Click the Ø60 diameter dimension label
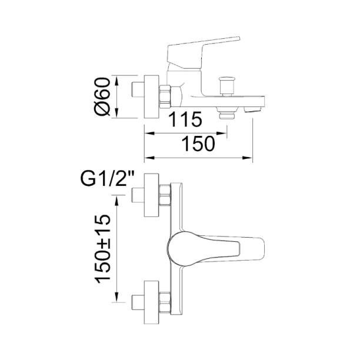coord(102,96)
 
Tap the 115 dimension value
coord(185,119)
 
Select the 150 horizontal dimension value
coord(198,144)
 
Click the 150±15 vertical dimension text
coord(102,249)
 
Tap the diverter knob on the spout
coord(227,86)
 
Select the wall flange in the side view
coord(151,96)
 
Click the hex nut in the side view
coord(165,96)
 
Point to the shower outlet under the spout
coord(226,114)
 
